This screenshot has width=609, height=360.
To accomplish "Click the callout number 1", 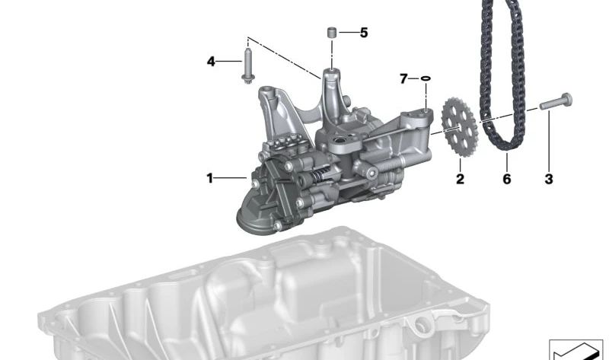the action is tap(210, 179).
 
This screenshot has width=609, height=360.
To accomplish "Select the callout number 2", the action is tap(460, 179).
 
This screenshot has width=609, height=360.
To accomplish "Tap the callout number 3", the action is tap(548, 179).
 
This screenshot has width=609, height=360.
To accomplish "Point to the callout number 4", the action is tap(211, 62).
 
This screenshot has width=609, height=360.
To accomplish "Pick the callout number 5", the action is tap(364, 33).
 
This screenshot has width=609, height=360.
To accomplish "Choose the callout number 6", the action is tap(507, 179).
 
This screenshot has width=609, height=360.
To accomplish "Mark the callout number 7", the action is tap(404, 79).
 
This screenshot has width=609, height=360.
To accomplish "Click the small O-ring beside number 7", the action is tap(426, 78).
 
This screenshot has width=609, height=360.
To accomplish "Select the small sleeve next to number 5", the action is tap(331, 32).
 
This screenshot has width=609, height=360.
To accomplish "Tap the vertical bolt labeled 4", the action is tap(247, 65).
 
